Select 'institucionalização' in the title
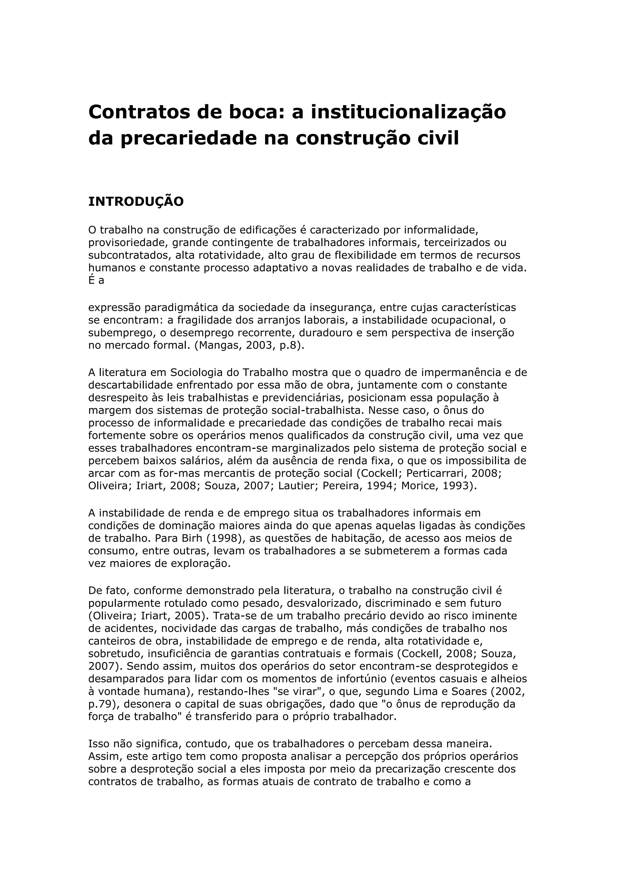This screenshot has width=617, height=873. (409, 112)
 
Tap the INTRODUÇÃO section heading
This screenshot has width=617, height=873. (136, 202)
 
